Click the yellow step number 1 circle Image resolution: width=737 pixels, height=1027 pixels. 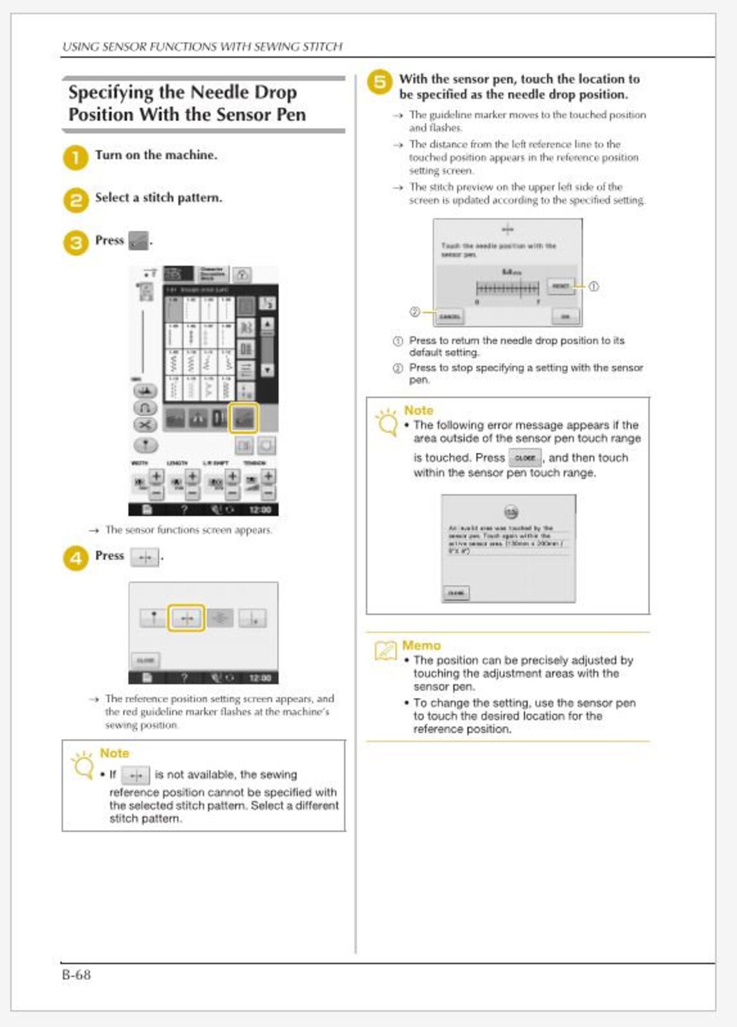click(x=76, y=158)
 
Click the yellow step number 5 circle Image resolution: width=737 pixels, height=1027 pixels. click(x=380, y=82)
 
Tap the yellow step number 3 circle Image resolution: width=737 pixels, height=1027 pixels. click(x=76, y=243)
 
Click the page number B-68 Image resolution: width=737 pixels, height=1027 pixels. click(x=76, y=975)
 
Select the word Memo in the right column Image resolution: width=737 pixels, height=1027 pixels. click(x=421, y=645)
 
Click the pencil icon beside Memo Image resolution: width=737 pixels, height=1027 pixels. click(x=386, y=650)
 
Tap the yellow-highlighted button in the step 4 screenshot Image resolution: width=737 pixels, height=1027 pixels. click(x=186, y=619)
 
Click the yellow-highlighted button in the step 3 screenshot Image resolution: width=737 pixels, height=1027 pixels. click(x=244, y=418)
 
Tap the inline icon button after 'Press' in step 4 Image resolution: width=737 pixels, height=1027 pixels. click(x=145, y=557)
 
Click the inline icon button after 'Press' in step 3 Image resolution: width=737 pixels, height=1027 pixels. click(x=138, y=241)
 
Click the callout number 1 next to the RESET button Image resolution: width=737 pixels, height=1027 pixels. click(x=593, y=286)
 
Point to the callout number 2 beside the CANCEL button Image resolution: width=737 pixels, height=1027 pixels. click(x=415, y=312)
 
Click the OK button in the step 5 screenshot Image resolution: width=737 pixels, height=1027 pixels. click(x=566, y=316)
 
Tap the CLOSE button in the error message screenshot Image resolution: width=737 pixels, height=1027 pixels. click(x=456, y=593)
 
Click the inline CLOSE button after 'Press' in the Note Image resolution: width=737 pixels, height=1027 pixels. click(x=525, y=458)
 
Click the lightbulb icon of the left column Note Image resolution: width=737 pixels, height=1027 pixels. click(x=83, y=765)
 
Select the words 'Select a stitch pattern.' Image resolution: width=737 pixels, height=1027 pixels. click(x=158, y=198)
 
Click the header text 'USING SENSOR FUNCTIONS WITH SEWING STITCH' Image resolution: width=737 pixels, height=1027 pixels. click(x=202, y=47)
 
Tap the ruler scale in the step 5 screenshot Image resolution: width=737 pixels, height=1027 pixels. click(x=507, y=288)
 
